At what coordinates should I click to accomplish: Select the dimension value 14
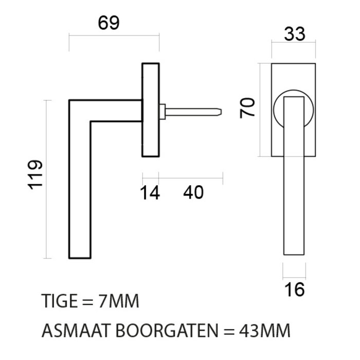pyautogui.click(x=150, y=193)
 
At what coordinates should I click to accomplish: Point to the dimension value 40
pyautogui.click(x=193, y=193)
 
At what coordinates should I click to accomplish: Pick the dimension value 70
pyautogui.click(x=248, y=109)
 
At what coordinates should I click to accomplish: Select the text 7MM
pyautogui.click(x=119, y=301)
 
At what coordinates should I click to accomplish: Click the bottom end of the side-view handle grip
pyautogui.click(x=80, y=255)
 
